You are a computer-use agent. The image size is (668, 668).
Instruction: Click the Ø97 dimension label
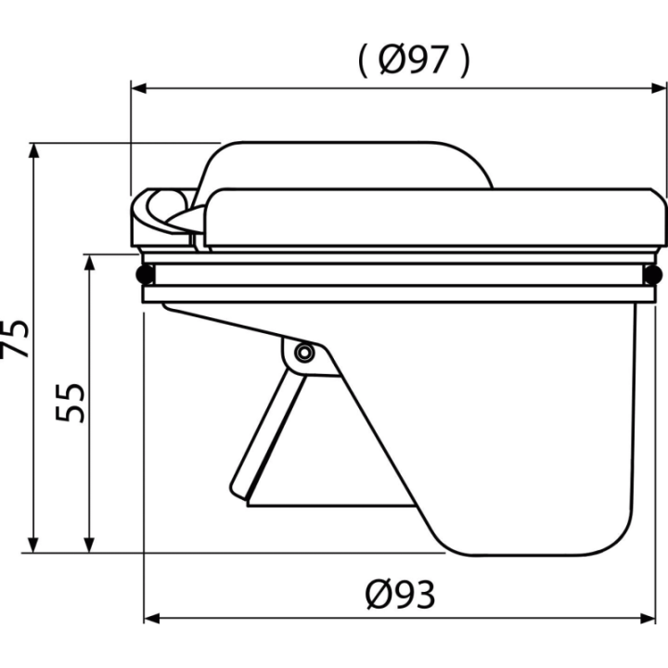414,60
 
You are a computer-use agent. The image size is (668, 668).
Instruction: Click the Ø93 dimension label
401,595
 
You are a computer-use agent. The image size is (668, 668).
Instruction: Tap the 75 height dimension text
15,338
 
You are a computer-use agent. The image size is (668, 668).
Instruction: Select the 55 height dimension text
71,403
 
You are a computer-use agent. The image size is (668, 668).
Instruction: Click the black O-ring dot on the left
145,274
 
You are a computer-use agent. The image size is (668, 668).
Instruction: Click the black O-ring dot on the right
652,274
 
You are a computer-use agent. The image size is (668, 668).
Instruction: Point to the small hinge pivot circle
304,353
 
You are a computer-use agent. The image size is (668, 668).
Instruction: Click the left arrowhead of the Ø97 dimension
139,89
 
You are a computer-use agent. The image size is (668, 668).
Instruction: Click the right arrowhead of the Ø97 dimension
659,89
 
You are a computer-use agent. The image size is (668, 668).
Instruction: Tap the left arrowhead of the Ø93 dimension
151,619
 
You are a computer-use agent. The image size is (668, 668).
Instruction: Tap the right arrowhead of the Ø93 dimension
648,619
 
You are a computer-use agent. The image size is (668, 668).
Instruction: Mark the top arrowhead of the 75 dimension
33,151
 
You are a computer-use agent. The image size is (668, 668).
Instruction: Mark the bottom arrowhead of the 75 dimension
33,546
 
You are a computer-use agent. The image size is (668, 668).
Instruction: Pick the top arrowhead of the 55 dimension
89,263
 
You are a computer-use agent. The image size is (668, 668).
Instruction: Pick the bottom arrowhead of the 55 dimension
89,546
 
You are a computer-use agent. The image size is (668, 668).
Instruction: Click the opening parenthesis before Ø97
363,61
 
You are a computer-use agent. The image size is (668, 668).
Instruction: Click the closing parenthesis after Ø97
465,61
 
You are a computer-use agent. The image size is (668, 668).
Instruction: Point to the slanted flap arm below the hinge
268,433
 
